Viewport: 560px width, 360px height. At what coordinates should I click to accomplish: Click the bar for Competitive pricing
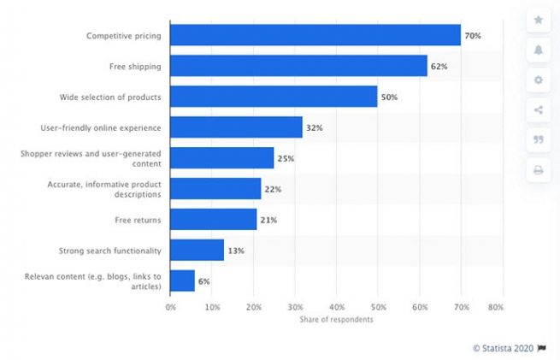point(315,35)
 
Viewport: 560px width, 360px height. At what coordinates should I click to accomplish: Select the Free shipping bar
point(298,66)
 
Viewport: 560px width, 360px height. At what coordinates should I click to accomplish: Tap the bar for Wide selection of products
point(274,97)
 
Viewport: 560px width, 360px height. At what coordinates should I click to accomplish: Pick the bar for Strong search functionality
point(197,250)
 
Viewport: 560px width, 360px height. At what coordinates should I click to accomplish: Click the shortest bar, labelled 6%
point(182,280)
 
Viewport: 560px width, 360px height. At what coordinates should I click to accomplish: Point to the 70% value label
point(473,36)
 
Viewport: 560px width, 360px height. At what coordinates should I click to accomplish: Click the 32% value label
point(315,127)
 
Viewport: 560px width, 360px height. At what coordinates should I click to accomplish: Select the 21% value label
point(268,220)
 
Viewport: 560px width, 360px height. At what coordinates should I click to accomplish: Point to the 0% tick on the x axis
point(171,306)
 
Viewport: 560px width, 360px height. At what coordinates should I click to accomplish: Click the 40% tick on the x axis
point(337,306)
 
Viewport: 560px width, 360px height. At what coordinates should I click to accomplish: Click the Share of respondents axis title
point(336,319)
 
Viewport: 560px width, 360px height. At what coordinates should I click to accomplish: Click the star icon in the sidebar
point(539,20)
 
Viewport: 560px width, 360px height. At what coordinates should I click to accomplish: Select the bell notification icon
point(539,50)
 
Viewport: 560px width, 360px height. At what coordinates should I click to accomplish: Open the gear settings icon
point(539,80)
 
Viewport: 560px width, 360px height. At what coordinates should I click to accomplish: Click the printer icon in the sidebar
point(539,170)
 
